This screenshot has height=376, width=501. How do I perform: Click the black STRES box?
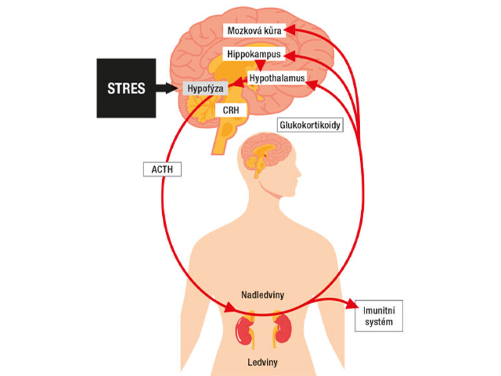pyautogui.click(x=126, y=88)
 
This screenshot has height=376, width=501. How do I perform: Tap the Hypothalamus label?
pyautogui.click(x=277, y=78)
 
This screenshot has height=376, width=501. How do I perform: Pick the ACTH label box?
pyautogui.click(x=162, y=168)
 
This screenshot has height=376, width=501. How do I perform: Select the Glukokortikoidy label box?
pyautogui.click(x=311, y=125)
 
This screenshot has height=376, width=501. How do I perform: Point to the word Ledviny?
pyautogui.click(x=262, y=362)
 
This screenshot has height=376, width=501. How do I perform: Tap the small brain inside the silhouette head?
pyautogui.click(x=258, y=154)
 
